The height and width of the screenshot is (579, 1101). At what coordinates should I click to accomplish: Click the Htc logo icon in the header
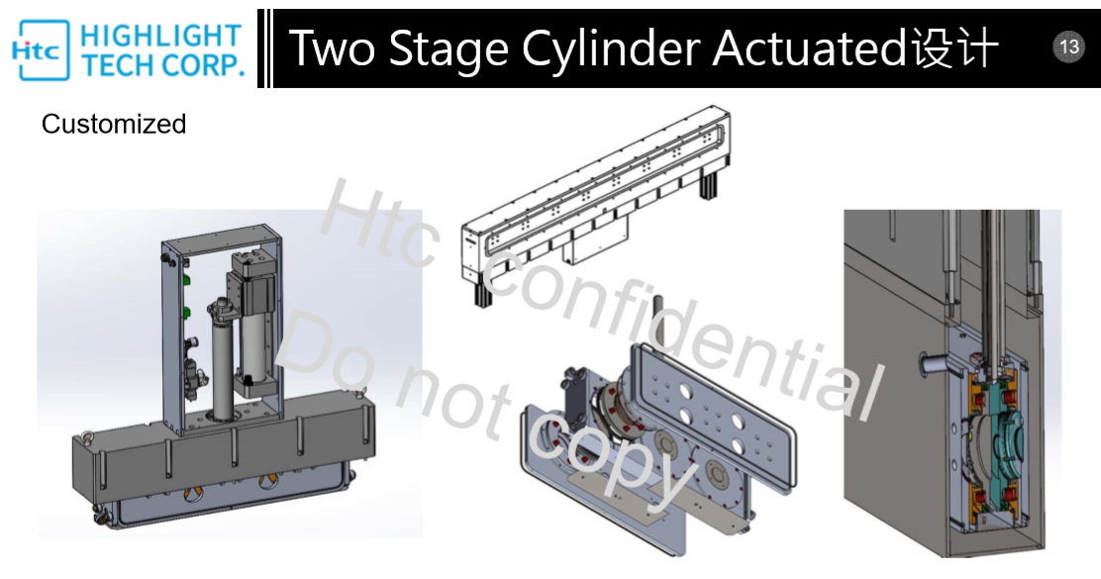[x=41, y=49]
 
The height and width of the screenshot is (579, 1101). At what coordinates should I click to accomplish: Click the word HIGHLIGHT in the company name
[x=161, y=35]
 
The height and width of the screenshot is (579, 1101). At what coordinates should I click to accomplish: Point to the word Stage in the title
[x=448, y=50]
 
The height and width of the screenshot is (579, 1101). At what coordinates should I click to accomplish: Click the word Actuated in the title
[x=810, y=48]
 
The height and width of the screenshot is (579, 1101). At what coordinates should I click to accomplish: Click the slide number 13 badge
[x=1068, y=48]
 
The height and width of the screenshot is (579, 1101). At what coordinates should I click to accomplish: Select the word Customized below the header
[x=114, y=125]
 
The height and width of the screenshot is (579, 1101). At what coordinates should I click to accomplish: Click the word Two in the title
[x=331, y=48]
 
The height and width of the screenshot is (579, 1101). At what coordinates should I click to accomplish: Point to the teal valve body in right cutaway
[x=998, y=435]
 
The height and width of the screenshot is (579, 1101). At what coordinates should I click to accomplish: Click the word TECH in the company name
[x=117, y=65]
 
